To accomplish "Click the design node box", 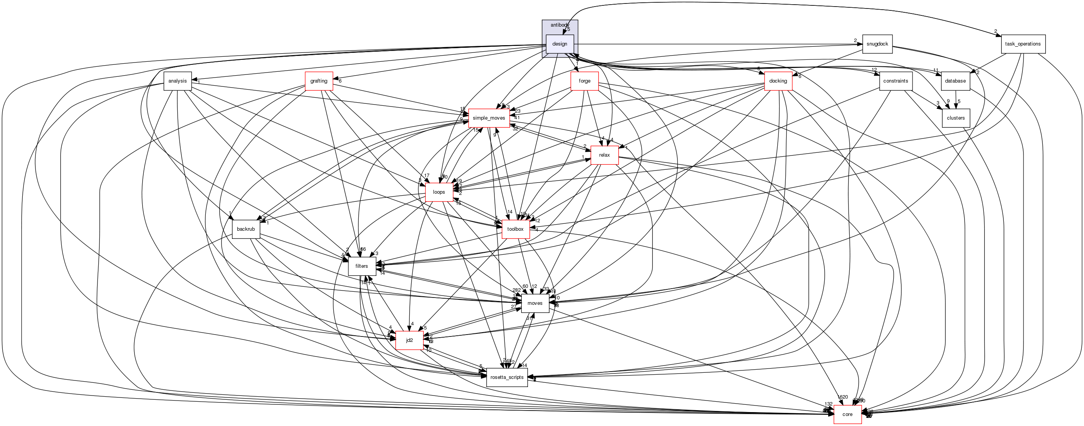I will click(559, 44).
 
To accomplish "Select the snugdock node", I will click(877, 44).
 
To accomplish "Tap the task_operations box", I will click(1023, 44).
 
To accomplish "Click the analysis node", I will click(177, 81).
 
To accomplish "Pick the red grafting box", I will click(319, 81).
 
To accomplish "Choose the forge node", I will click(584, 81).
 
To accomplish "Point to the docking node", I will click(778, 81).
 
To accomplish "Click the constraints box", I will click(896, 81).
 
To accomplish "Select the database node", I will click(955, 81).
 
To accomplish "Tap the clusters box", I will click(956, 118).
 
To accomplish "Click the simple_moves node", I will click(489, 118).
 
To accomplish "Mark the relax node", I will click(604, 155).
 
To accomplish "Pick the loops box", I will click(439, 192).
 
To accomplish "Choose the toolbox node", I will click(515, 229).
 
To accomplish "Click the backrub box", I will click(246, 229).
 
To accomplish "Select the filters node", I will click(361, 266).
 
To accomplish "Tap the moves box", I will click(535, 303).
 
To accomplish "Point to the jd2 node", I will click(409, 340).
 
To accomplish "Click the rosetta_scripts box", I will click(507, 377).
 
